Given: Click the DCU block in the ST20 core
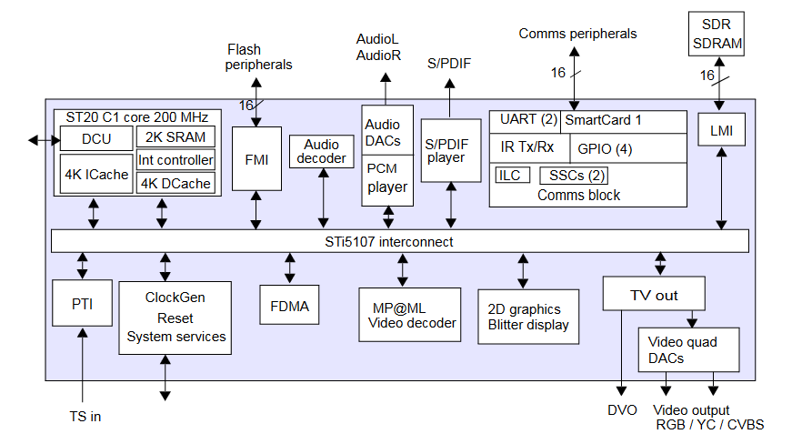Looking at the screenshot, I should [95, 138].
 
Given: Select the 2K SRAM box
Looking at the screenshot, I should [176, 137].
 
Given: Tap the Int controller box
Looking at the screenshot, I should [176, 160].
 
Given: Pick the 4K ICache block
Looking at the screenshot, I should [95, 175].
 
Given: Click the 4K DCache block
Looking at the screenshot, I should [176, 183].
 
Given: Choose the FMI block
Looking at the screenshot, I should [256, 158].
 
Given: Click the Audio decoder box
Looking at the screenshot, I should [324, 151].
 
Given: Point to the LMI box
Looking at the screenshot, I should [721, 131].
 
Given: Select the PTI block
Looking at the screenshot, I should [82, 304].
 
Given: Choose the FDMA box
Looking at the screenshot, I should [290, 306].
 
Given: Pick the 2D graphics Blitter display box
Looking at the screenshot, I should [522, 317].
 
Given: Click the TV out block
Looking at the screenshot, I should [654, 295].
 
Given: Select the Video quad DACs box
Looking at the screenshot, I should [688, 350].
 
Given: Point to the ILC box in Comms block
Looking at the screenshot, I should [510, 175].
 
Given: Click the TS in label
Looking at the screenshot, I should [85, 417].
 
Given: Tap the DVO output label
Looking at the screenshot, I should [622, 410].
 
